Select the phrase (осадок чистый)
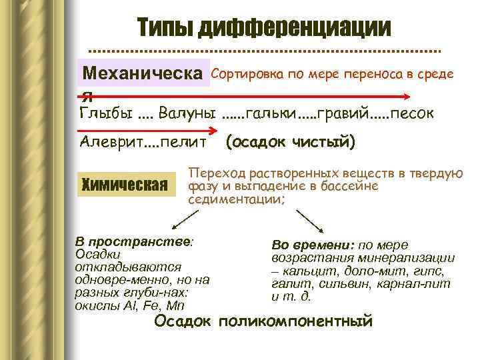(x=291, y=142)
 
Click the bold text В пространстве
(x=133, y=241)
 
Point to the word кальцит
(x=307, y=271)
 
